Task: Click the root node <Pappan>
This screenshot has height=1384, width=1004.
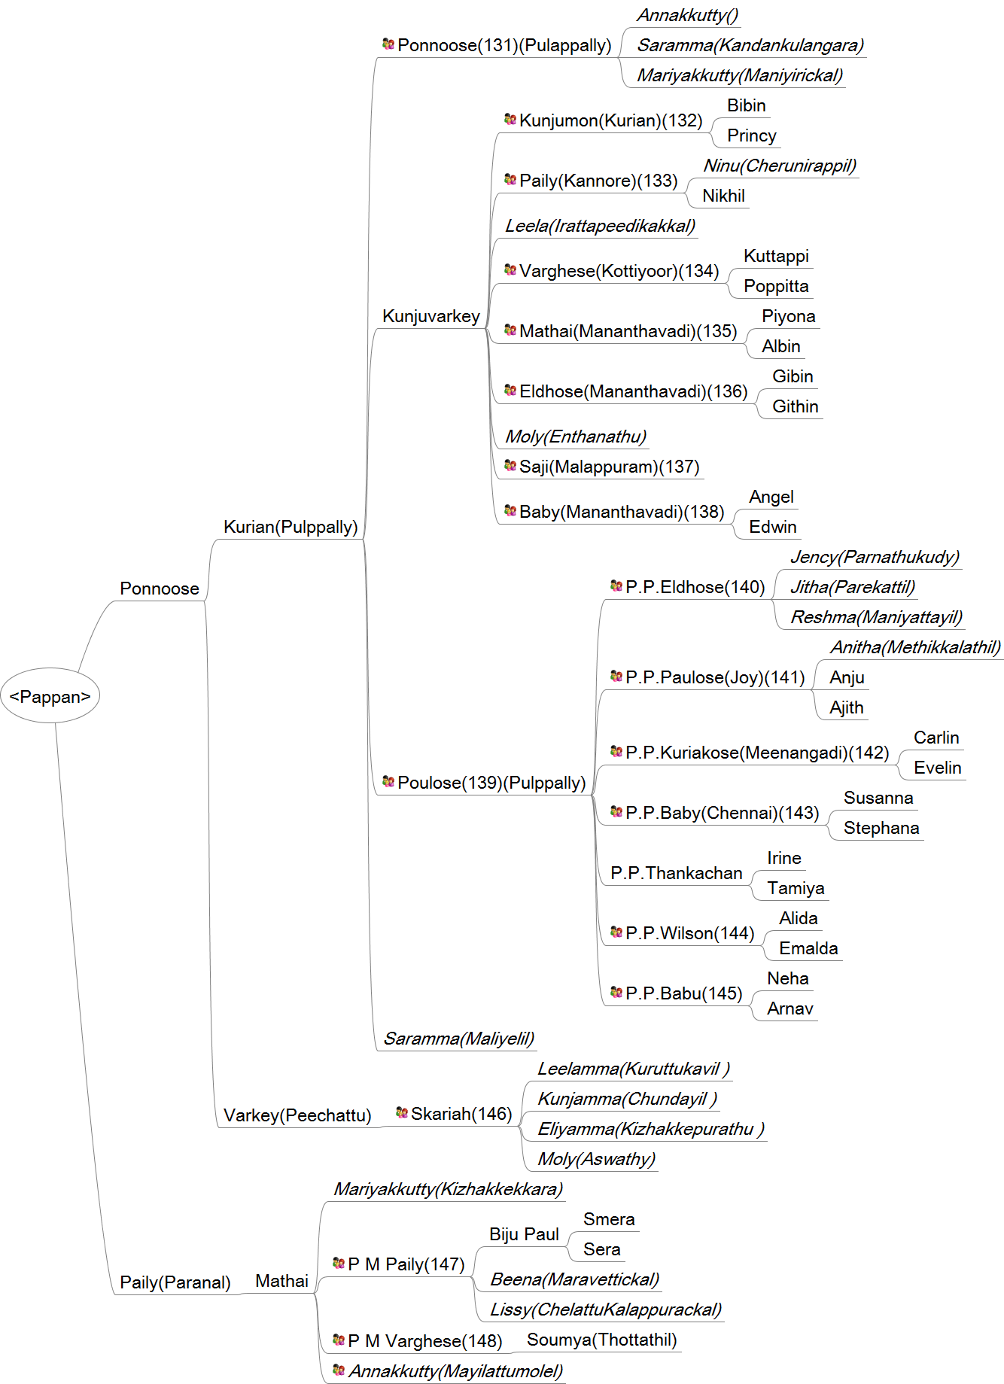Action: pos(50,696)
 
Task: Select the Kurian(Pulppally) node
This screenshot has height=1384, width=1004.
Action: pos(291,527)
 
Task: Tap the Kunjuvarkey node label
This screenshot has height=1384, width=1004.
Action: pos(431,316)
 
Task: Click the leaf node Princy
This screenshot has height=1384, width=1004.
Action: pos(752,135)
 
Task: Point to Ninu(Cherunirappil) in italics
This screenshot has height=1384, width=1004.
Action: pos(780,166)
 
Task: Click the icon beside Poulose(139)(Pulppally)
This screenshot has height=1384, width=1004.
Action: pos(388,782)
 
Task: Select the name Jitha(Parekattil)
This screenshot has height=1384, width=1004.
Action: pos(853,587)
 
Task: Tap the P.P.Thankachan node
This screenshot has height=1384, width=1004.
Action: pos(677,873)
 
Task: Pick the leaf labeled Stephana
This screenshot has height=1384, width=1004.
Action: pos(881,828)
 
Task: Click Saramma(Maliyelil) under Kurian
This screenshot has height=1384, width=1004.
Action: pos(459,1039)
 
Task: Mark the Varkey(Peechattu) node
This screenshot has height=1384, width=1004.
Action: pos(297,1115)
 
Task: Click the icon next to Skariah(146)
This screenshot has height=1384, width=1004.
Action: pos(402,1112)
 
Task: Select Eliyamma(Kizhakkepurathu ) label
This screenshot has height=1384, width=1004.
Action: pos(651,1129)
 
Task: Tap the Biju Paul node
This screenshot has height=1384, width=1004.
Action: pos(524,1234)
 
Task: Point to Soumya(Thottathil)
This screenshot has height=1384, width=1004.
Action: pos(602,1340)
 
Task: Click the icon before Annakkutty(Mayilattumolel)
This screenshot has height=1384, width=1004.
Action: pos(339,1370)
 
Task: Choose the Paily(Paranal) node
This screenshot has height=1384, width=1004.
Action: pos(175,1282)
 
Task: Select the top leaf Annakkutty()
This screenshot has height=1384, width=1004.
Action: pos(688,15)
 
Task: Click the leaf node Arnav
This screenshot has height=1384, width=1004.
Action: pos(790,1008)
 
